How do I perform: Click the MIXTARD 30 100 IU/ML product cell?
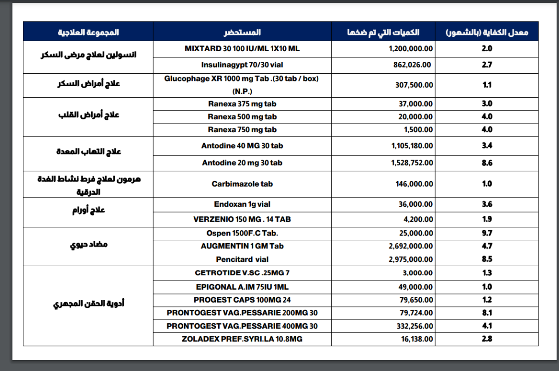(x=242, y=49)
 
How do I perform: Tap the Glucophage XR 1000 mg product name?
(x=242, y=85)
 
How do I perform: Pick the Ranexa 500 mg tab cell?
(x=242, y=117)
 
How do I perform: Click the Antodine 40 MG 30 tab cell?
(x=242, y=146)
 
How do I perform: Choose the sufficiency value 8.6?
(x=487, y=163)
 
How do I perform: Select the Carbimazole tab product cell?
(x=242, y=184)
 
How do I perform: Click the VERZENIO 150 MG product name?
(x=242, y=219)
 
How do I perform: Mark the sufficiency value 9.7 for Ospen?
(x=487, y=233)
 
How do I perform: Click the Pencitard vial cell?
(x=242, y=259)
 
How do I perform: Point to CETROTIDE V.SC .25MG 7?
(x=242, y=273)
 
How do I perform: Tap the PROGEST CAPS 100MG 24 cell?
(x=242, y=300)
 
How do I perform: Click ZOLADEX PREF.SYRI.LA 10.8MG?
(x=242, y=339)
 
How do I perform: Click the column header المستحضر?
(x=242, y=33)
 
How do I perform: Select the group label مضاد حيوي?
(x=89, y=245)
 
